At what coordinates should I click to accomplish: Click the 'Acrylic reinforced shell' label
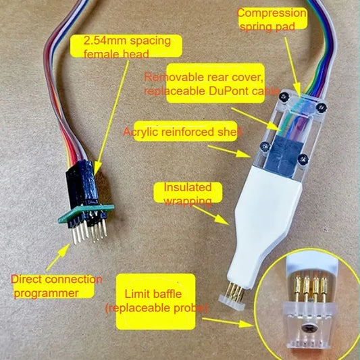[182, 132]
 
